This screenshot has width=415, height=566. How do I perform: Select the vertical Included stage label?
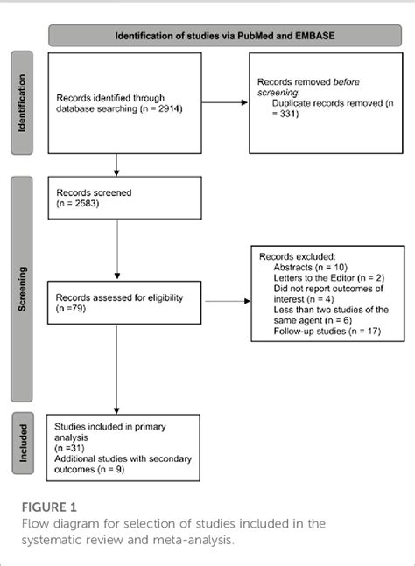point(20,443)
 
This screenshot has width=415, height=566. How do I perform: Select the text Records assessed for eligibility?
point(120,297)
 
